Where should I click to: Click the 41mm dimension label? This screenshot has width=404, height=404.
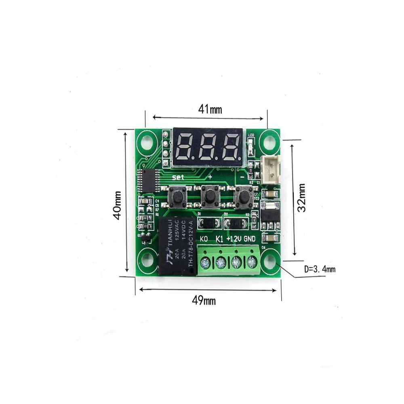click(x=210, y=109)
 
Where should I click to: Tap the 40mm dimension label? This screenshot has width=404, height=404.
click(x=117, y=205)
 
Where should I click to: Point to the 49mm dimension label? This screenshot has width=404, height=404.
click(x=204, y=301)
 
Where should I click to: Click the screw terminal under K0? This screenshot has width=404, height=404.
click(x=206, y=263)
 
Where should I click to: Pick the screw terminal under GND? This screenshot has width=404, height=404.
click(x=252, y=263)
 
